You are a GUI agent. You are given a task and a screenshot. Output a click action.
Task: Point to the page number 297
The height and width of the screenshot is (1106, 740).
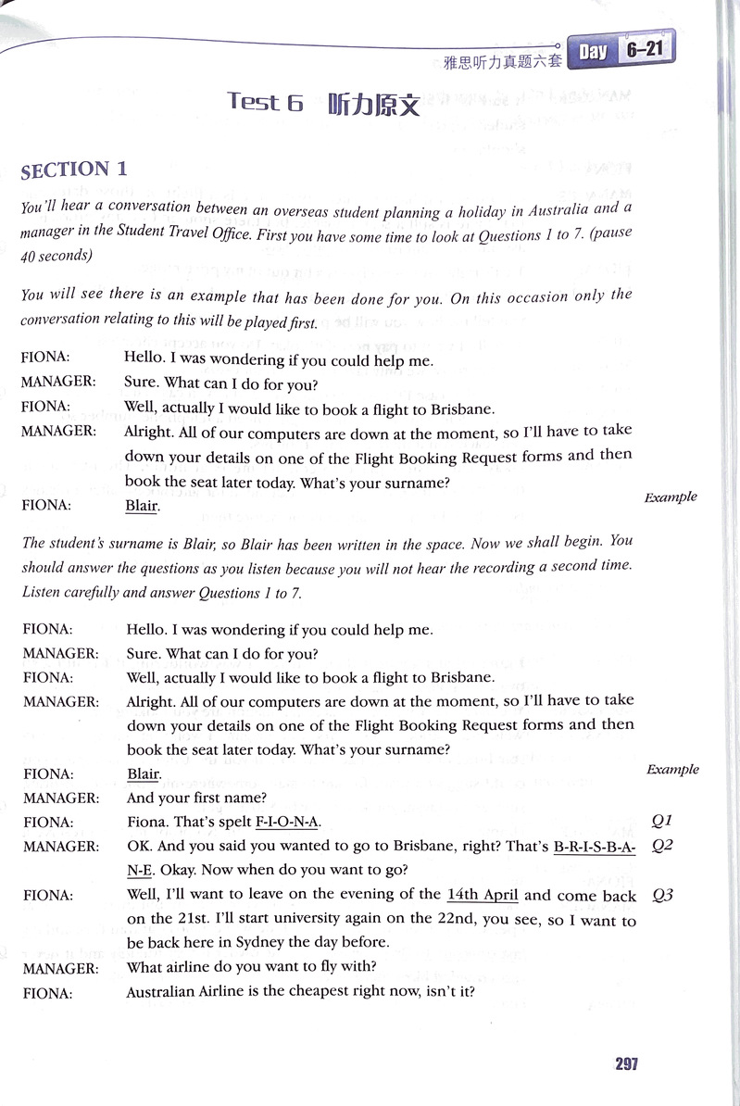pos(626,1063)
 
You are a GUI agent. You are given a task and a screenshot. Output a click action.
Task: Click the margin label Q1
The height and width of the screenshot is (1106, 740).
pos(661,820)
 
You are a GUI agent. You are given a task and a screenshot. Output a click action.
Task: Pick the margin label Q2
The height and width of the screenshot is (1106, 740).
pos(661,845)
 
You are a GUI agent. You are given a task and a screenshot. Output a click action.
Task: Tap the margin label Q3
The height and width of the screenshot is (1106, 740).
pos(661,895)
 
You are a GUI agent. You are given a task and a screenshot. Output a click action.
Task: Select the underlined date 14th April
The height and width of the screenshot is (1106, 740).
pos(483,895)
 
